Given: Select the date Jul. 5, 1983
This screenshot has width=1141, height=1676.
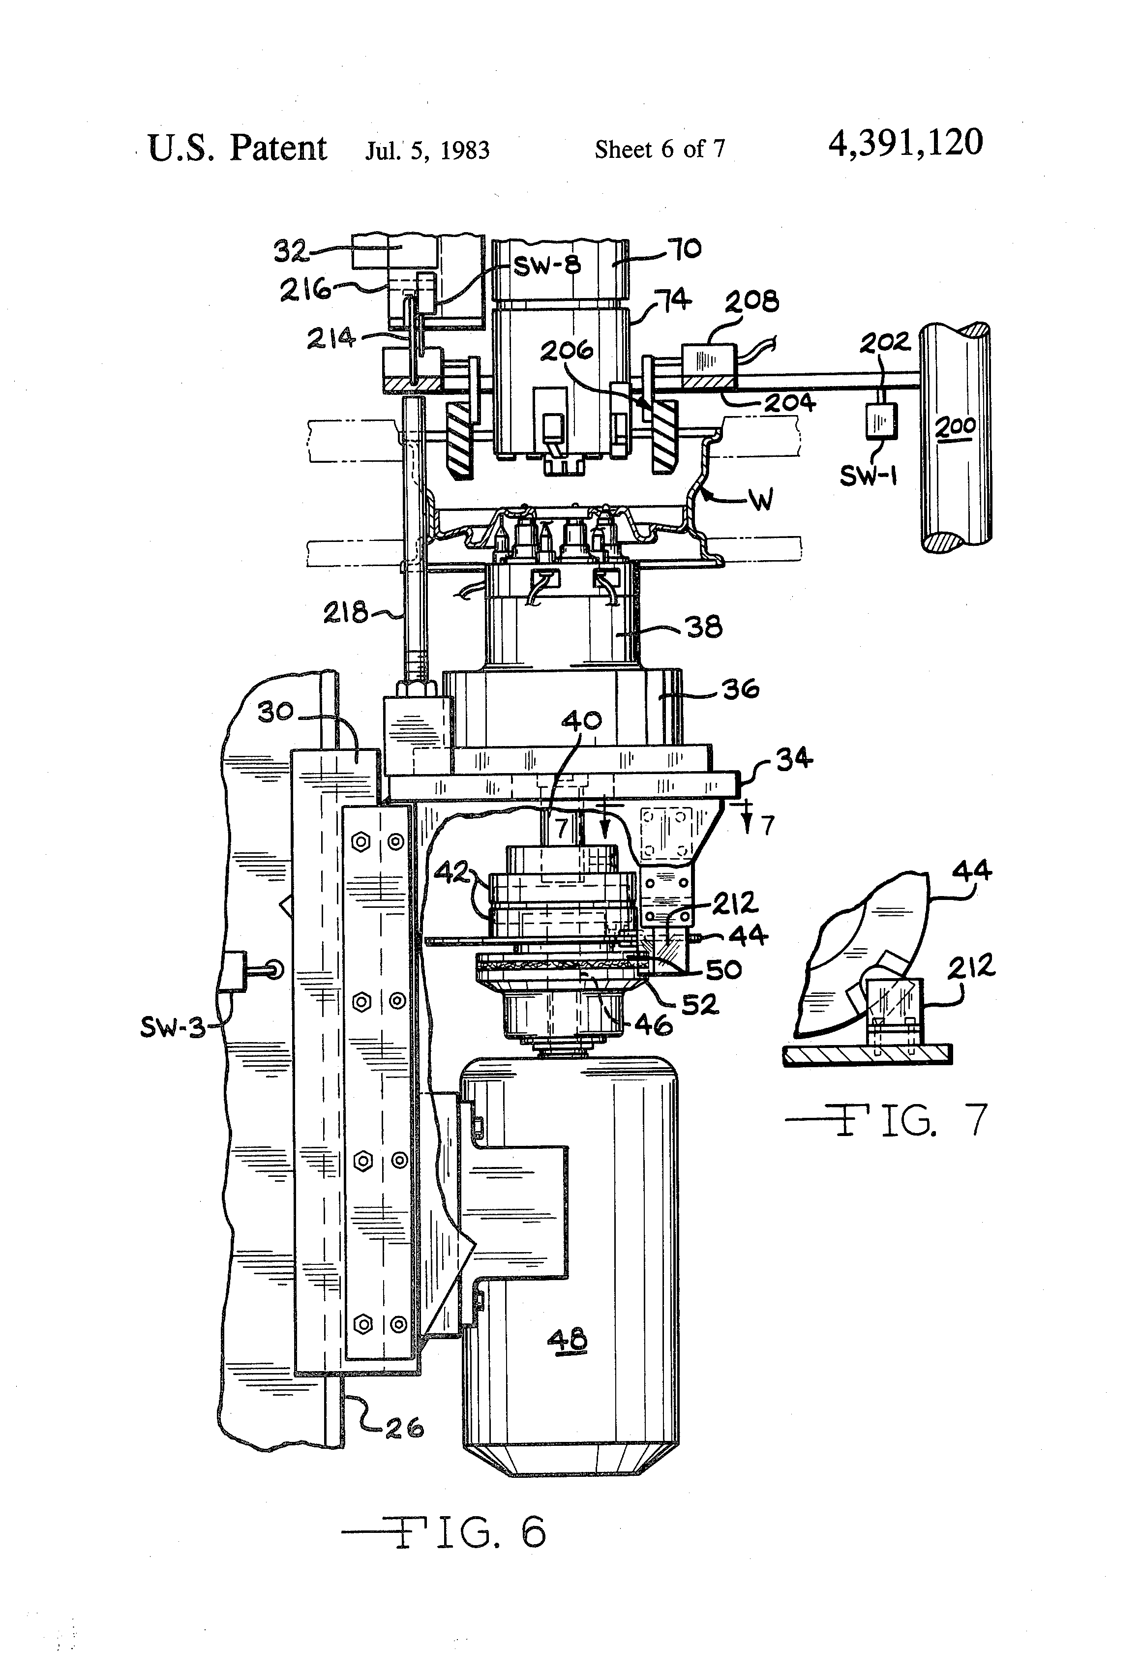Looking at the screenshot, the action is click(427, 150).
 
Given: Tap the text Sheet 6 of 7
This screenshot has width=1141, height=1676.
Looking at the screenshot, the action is click(659, 150).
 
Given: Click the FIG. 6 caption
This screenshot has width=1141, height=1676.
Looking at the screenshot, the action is click(444, 1532).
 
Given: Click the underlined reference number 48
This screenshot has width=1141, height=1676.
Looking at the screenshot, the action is click(568, 1341).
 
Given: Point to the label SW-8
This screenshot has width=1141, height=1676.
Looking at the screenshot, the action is click(547, 266).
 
